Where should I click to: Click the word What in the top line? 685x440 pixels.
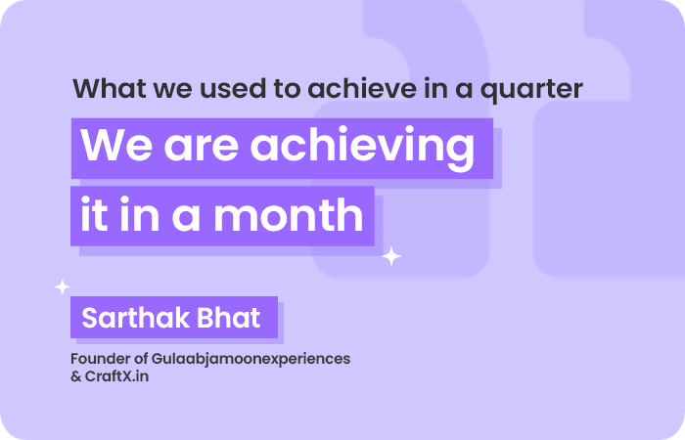[110, 88]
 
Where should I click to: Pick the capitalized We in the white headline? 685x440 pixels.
[116, 145]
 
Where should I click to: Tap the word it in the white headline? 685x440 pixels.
[94, 214]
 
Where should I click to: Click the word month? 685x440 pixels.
[289, 214]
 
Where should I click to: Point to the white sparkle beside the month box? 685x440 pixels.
[391, 256]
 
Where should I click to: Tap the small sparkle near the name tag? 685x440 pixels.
[63, 286]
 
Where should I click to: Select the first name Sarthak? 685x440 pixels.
[136, 318]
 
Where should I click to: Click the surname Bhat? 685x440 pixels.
[228, 318]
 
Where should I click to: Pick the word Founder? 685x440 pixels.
[100, 359]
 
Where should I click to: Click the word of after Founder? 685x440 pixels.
[141, 359]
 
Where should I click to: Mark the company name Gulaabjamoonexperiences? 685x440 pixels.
[251, 360]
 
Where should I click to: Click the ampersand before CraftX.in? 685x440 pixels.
[76, 376]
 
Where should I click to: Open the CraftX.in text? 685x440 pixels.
[116, 376]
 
